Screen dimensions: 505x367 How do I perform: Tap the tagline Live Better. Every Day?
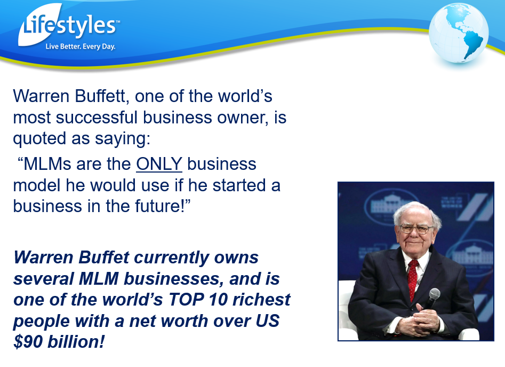coord(81,46)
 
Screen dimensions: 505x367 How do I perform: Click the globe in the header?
coord(459,33)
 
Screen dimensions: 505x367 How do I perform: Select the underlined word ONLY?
coord(159,164)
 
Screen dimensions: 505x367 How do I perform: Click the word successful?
coord(97,117)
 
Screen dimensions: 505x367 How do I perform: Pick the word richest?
coord(261,300)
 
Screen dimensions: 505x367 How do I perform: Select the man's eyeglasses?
coord(416,229)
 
